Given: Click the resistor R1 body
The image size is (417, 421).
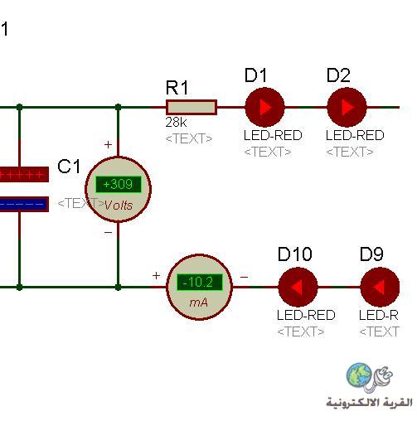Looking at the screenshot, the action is click(x=192, y=107).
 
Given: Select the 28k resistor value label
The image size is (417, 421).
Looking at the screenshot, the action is click(x=176, y=123).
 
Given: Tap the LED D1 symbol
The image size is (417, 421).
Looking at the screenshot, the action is click(x=264, y=107).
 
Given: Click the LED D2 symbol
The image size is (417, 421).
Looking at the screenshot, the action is click(x=347, y=107).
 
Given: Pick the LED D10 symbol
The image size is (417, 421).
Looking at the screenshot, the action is click(x=298, y=287).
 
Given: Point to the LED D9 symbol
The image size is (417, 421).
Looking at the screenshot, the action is click(x=380, y=287).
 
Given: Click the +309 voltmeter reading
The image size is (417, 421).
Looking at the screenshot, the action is click(x=119, y=184).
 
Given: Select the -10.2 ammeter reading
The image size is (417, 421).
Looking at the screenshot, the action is click(x=199, y=283).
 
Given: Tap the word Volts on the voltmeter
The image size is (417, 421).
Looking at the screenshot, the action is click(x=119, y=206).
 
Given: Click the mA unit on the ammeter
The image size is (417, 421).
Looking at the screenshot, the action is click(x=198, y=302).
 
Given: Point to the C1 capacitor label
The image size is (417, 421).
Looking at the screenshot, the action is click(x=69, y=167).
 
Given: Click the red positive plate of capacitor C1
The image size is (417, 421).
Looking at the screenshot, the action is click(x=24, y=174).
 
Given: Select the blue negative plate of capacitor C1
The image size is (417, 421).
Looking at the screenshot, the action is click(x=24, y=204).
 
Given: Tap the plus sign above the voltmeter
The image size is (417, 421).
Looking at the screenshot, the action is click(x=108, y=144).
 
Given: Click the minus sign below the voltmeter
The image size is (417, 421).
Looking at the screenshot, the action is click(x=108, y=233).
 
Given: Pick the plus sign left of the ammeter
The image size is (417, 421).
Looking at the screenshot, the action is click(x=156, y=275).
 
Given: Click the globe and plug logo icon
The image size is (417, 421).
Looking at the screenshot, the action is click(x=369, y=378).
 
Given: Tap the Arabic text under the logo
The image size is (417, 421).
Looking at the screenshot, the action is click(x=369, y=403).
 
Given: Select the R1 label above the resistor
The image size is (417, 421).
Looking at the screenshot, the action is click(x=177, y=88).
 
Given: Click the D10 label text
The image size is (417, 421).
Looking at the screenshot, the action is click(x=295, y=254).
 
